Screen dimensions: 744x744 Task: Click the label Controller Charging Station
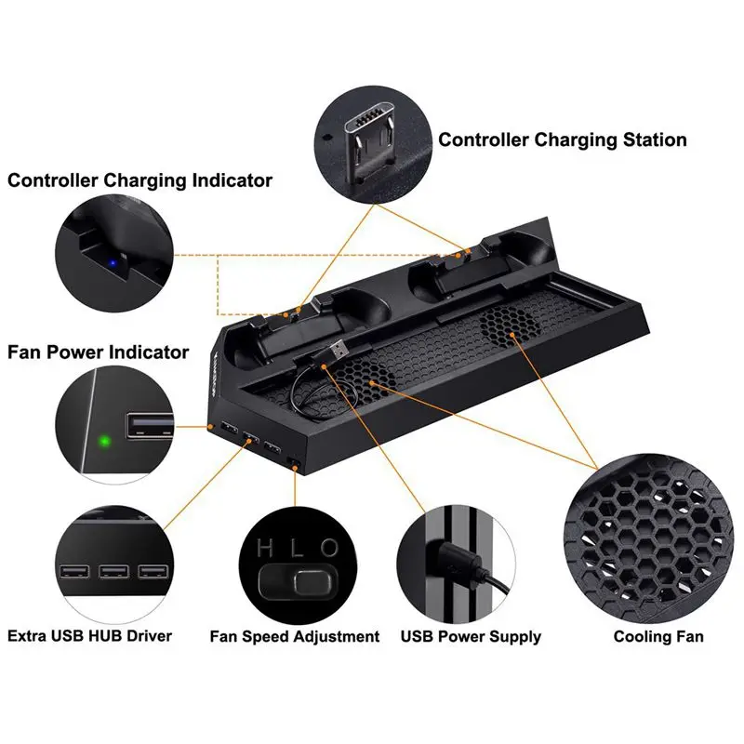point(562,140)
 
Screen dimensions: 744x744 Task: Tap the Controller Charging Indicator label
point(139,179)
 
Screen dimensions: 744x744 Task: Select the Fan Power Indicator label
point(98,352)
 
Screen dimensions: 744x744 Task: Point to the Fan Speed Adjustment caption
point(294,637)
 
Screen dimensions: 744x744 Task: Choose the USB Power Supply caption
point(471,637)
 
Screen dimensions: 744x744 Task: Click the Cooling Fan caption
point(658,637)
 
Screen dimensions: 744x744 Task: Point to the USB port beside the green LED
point(149,427)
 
